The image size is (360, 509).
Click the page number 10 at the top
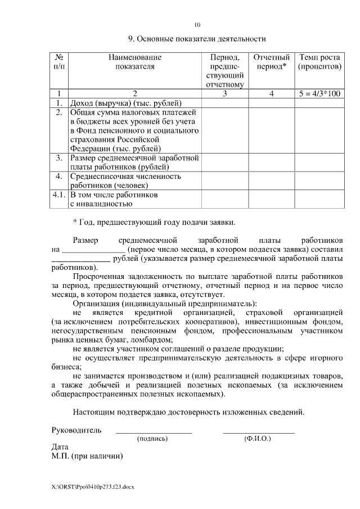pyautogui.click(x=196, y=25)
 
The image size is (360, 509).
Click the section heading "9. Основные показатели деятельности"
pyautogui.click(x=196, y=39)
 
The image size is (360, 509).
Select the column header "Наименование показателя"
pyautogui.click(x=134, y=62)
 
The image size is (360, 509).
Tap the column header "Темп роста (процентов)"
pyautogui.click(x=319, y=62)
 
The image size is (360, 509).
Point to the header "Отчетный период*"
pyautogui.click(x=272, y=62)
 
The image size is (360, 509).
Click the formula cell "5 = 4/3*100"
pyautogui.click(x=319, y=93)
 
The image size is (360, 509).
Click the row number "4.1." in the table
pyautogui.click(x=58, y=195)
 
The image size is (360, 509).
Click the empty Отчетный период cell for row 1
pyautogui.click(x=272, y=103)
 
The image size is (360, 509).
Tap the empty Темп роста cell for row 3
pyautogui.click(x=319, y=162)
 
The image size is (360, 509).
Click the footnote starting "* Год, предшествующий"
pyautogui.click(x=154, y=222)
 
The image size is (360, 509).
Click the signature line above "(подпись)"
pyautogui.click(x=154, y=433)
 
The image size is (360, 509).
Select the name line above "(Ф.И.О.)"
pyautogui.click(x=259, y=433)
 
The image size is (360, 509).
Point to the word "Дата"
pyautogui.click(x=60, y=447)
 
